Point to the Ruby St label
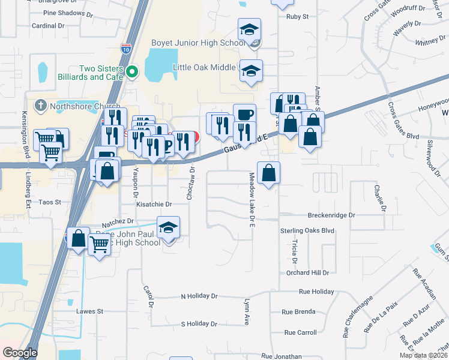click(x=297, y=17)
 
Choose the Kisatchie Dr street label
click(x=154, y=205)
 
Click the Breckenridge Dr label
click(x=331, y=215)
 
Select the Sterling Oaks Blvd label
click(x=307, y=230)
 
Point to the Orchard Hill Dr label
click(x=308, y=272)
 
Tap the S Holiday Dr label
click(x=199, y=324)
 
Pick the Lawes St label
click(x=90, y=311)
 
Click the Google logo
click(x=19, y=353)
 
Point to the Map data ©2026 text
click(x=423, y=355)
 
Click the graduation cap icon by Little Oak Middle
click(x=251, y=70)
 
